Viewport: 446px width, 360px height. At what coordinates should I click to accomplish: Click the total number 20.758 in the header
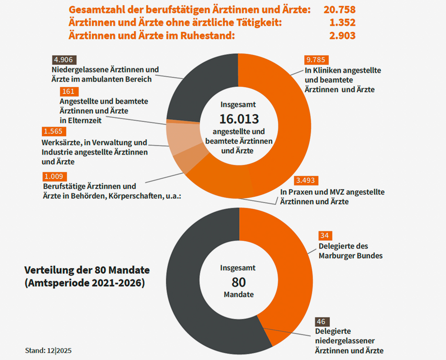340,10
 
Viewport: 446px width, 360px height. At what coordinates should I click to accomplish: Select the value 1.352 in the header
343,22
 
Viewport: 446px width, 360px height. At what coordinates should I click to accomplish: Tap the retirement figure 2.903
343,35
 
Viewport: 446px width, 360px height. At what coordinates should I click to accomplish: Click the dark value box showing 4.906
64,60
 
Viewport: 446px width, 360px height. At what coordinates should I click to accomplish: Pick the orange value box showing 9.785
316,60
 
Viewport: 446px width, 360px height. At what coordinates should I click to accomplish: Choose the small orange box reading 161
69,92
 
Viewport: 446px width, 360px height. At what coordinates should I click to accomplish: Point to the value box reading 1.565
54,131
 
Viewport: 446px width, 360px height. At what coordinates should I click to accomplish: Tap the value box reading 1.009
55,176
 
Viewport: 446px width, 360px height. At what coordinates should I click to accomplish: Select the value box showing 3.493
306,180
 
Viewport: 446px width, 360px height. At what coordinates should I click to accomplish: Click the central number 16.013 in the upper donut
239,119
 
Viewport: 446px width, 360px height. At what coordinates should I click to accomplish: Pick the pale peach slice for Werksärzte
182,139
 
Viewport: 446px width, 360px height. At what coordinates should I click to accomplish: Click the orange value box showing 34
325,236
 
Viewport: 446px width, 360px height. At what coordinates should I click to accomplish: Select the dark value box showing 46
322,322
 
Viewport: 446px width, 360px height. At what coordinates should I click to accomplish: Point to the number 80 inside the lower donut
239,282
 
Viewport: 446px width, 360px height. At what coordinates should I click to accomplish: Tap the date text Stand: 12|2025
48,351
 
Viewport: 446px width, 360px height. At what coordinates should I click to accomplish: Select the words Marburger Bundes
350,256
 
